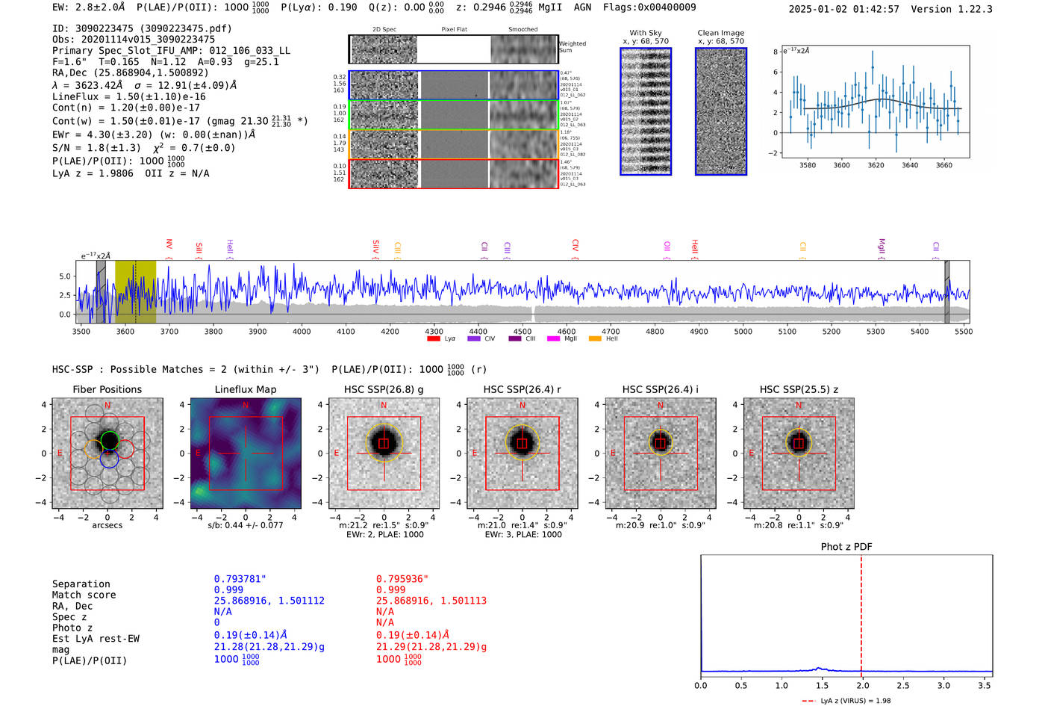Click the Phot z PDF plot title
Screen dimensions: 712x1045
click(x=846, y=547)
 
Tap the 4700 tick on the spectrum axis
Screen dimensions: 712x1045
click(x=611, y=332)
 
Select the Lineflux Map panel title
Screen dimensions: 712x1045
click(x=245, y=389)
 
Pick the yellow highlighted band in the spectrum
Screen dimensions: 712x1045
click(x=135, y=291)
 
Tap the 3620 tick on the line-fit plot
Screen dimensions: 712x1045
click(x=876, y=165)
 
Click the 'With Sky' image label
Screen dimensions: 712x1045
click(x=645, y=33)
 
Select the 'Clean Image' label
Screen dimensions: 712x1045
click(x=720, y=33)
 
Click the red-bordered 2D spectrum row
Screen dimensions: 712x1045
click(x=453, y=173)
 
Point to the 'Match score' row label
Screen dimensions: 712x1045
click(x=84, y=595)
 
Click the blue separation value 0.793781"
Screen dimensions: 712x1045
click(x=240, y=579)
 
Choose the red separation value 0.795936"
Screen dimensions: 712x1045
click(x=402, y=579)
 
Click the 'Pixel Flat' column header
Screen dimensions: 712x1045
click(x=454, y=30)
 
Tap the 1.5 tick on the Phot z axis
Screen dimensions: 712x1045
click(x=822, y=685)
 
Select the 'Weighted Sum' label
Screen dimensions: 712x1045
click(x=572, y=47)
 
